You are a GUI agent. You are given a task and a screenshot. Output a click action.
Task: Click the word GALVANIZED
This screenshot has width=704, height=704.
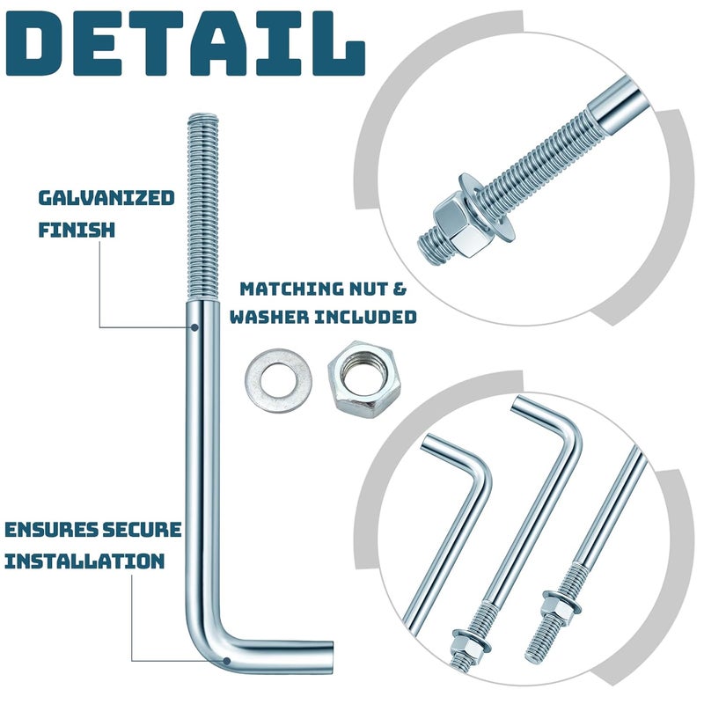click(106, 198)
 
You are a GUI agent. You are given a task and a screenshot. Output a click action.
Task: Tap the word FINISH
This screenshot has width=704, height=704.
click(77, 231)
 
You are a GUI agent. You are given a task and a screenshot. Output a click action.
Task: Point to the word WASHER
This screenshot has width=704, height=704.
click(265, 316)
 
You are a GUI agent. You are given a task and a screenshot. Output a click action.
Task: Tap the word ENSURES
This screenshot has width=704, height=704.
click(52, 530)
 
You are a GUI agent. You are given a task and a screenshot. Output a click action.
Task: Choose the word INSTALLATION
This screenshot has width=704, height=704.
click(84, 561)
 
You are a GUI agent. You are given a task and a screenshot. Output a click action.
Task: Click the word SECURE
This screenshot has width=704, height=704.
click(142, 530)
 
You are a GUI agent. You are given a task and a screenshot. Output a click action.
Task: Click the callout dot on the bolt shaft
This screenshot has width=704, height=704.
click(194, 326)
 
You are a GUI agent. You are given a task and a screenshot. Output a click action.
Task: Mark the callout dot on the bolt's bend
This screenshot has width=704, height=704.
click(226, 660)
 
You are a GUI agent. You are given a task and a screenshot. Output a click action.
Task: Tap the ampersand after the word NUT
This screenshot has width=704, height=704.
click(405, 289)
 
